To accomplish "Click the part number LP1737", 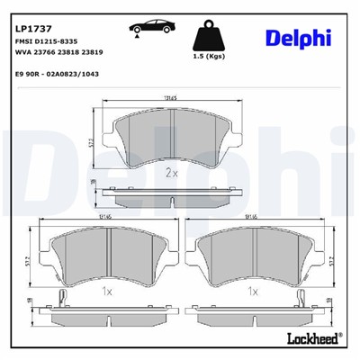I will tap(30, 15).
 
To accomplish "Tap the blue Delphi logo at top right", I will tap(298, 36).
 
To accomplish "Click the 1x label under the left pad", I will tap(104, 292).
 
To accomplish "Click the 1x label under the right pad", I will tap(255, 292).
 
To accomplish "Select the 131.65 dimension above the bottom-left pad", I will tap(105, 217).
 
